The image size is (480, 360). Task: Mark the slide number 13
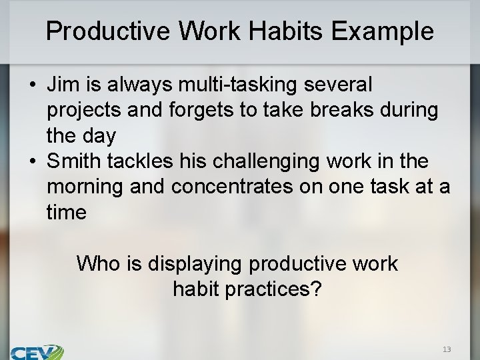[446, 349]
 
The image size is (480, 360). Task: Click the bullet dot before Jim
[31, 85]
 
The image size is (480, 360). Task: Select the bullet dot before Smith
[31, 162]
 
